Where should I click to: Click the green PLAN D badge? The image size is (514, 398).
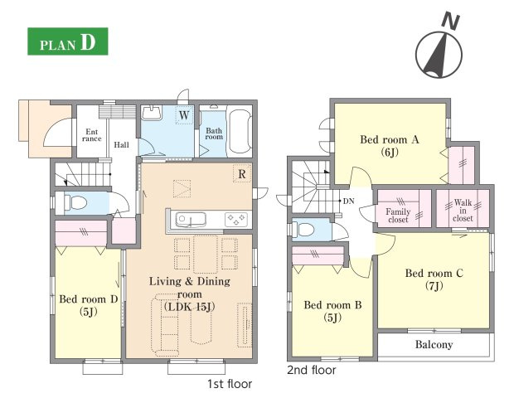(68, 41)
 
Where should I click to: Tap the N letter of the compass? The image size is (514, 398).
(451, 21)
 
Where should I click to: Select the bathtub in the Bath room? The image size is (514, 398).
(240, 133)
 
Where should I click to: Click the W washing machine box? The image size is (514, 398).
(184, 115)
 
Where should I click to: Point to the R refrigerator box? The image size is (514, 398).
(241, 174)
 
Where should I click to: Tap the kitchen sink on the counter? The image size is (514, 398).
(191, 220)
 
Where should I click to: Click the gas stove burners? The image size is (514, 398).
(236, 219)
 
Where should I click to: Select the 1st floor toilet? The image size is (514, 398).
(75, 202)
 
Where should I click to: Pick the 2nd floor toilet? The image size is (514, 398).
(304, 229)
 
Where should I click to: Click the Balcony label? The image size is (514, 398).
(434, 345)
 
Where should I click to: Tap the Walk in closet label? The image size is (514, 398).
(463, 210)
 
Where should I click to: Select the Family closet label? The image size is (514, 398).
(398, 216)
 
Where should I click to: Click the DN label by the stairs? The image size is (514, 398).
(349, 201)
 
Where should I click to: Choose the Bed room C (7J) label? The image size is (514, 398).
(434, 279)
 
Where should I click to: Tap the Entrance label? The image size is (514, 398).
(92, 135)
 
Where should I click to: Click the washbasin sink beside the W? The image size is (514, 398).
(152, 113)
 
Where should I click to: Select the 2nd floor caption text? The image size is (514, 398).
(312, 370)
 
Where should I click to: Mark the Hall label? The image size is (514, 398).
(121, 144)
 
